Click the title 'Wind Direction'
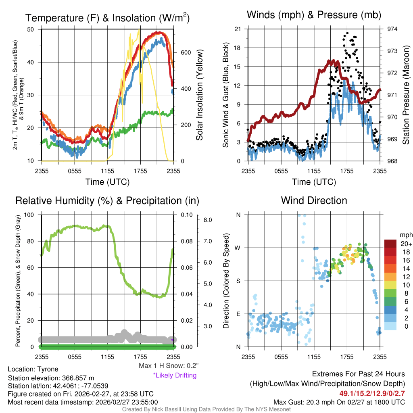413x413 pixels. tap(314, 200)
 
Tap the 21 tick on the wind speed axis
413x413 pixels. tap(238, 29)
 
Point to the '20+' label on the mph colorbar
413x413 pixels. tap(405, 244)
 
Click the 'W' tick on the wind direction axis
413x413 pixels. tap(238, 248)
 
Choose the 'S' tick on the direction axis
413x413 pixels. tap(238, 281)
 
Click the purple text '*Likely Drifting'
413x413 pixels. tap(175, 375)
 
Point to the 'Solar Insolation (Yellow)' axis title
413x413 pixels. tap(199, 95)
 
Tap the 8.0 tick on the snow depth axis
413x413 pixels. tap(208, 220)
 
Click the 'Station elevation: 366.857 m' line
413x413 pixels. tap(51, 378)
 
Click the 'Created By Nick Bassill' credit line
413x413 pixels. tap(206, 409)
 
